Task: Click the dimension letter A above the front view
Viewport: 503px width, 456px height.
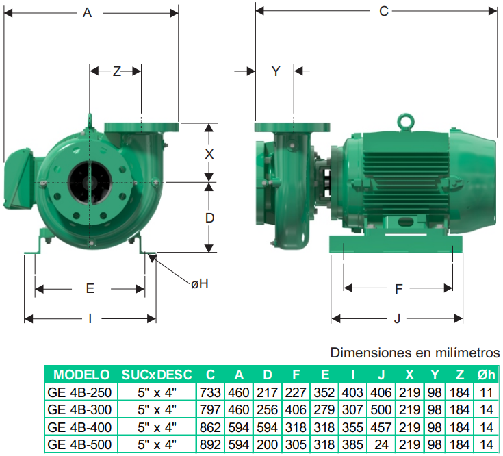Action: pyautogui.click(x=88, y=13)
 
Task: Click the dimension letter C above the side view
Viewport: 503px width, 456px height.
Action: pyautogui.click(x=384, y=11)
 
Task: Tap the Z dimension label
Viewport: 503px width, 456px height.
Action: pyautogui.click(x=117, y=71)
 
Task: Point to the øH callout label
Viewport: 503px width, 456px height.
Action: pyautogui.click(x=200, y=283)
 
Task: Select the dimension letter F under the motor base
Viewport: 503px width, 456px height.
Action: pyautogui.click(x=398, y=289)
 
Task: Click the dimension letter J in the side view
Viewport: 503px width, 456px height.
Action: pyautogui.click(x=397, y=318)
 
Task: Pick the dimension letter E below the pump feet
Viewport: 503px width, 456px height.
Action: pyautogui.click(x=90, y=288)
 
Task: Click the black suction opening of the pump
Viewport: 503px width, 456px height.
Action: pyautogui.click(x=90, y=182)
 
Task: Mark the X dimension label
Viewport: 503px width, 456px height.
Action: pyautogui.click(x=209, y=154)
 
